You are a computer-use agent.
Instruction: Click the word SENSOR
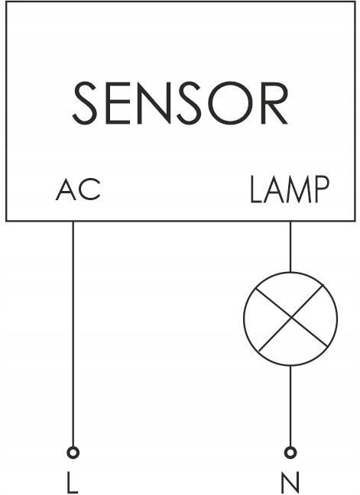180,103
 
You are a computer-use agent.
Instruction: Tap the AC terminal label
78,189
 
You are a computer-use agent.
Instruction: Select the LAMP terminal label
290,189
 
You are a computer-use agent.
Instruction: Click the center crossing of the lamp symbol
291,319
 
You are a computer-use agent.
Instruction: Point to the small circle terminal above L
73,453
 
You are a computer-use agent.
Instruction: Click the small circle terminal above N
290,453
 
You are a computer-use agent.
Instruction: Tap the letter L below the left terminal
73,483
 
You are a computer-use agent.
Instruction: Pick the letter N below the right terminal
290,483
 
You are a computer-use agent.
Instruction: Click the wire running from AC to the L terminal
73,334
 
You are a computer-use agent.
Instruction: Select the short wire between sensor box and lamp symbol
290,247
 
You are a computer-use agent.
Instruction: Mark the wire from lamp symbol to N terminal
290,406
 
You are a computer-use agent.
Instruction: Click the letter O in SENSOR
229,103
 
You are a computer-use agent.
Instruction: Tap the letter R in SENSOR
274,103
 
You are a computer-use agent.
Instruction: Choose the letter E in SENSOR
118,103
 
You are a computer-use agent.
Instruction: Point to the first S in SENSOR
85,103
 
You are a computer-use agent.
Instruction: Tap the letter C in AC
91,189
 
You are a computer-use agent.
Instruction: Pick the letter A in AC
66,189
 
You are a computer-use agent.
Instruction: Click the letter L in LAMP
256,189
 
